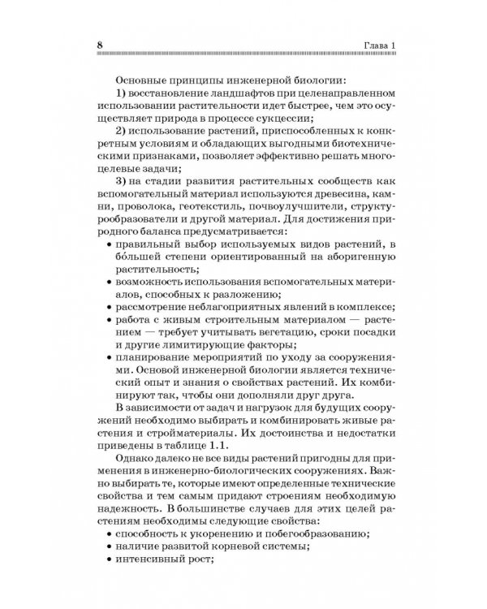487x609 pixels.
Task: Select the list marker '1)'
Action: [124, 94]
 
